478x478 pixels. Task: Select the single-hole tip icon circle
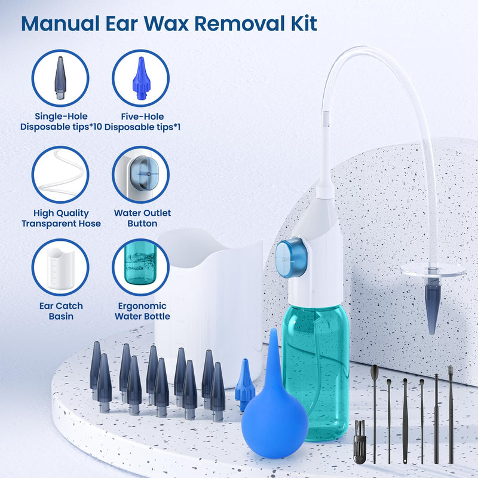point(60,78)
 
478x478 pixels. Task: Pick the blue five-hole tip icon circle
point(140,78)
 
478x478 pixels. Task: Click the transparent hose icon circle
point(60,174)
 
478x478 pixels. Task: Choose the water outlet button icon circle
point(140,174)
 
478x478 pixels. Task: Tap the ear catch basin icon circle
point(60,267)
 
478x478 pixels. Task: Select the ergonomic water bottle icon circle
point(140,267)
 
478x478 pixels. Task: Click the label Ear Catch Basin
point(60,311)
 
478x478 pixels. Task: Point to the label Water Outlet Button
point(142,218)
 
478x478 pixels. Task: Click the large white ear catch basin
point(209,299)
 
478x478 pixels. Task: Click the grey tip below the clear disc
point(433,308)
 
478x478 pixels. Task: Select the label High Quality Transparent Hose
point(61,218)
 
